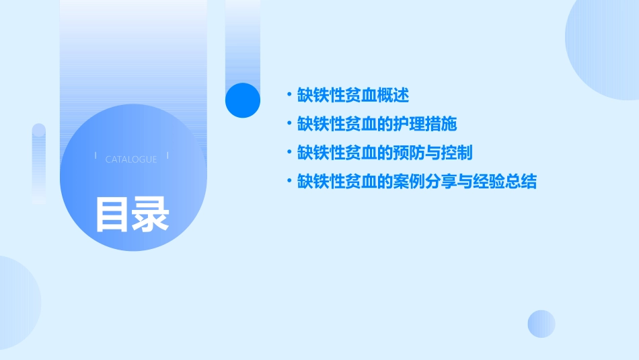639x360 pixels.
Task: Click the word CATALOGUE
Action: click(131, 159)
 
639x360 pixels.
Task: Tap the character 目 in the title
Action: click(112, 215)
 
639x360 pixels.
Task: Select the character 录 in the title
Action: click(150, 215)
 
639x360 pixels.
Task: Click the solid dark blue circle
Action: click(243, 100)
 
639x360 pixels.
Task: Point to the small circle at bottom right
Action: click(541, 324)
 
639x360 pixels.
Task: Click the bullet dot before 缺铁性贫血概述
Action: click(289, 96)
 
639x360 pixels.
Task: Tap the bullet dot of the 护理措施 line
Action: click(289, 124)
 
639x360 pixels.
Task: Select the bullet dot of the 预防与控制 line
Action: click(289, 153)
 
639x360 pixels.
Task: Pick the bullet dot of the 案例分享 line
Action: click(289, 182)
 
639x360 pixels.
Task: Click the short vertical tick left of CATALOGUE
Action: click(96, 155)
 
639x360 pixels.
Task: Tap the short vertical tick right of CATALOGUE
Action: click(167, 155)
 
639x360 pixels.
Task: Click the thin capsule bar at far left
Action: click(39, 164)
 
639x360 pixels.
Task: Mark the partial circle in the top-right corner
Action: click(605, 47)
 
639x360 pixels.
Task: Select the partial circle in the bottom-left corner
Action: click(17, 303)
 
